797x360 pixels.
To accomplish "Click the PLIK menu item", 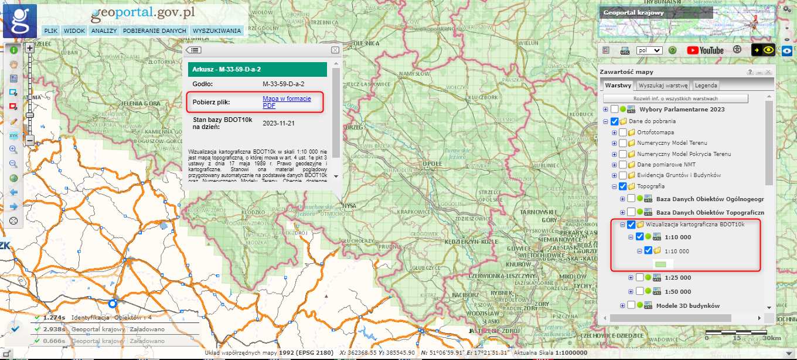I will (50, 30).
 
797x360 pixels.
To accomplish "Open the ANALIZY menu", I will (104, 30).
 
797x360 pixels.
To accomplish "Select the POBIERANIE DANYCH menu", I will (155, 30).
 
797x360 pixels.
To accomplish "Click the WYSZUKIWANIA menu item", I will (216, 30).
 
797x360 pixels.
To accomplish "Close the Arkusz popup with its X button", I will (335, 50).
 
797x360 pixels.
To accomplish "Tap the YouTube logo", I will (705, 50).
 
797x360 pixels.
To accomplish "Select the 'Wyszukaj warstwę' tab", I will (663, 86).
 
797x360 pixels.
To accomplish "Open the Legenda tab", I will (706, 86).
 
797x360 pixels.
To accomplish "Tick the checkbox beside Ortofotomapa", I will (622, 132).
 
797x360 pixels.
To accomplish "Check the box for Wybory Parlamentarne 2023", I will (614, 109).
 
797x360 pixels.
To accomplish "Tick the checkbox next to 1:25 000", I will (640, 277).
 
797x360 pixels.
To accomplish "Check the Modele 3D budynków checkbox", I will (631, 305).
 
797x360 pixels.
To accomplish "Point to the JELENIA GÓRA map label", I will (141, 104).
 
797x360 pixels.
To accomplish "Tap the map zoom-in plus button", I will (30, 49).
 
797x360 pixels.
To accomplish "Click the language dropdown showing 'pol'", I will (649, 51).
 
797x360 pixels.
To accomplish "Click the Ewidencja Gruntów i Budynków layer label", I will (679, 175).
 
